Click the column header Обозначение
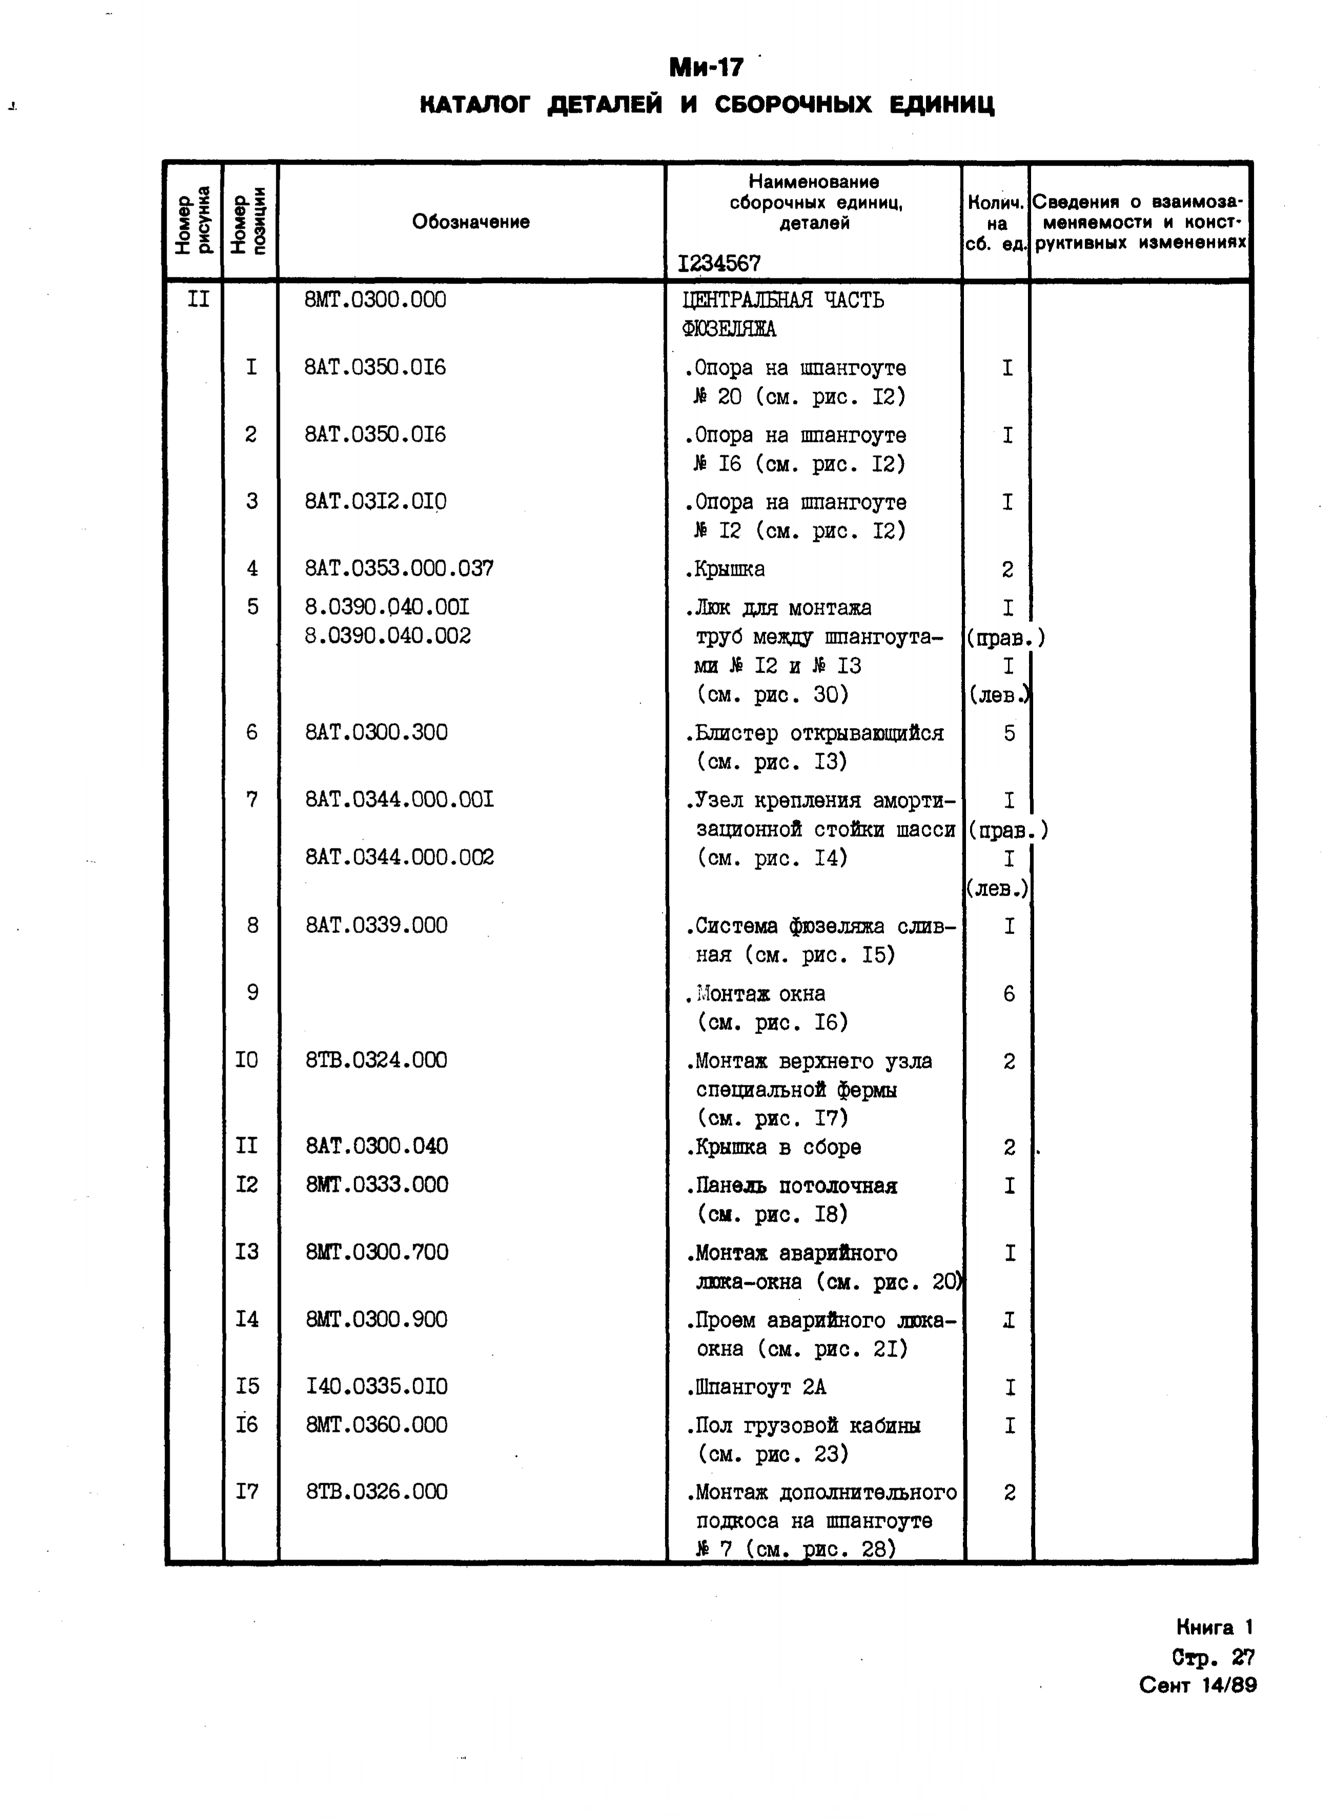pos(470,222)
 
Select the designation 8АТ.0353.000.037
pos(399,569)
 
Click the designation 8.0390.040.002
pos(387,636)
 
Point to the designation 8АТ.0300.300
pos(376,733)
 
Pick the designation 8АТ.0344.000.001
pos(399,800)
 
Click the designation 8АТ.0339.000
pos(376,925)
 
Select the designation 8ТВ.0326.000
pos(376,1491)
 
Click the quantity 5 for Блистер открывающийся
pos(1009,734)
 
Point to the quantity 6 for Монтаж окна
pos(1009,994)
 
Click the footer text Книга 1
pos(1214,1627)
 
